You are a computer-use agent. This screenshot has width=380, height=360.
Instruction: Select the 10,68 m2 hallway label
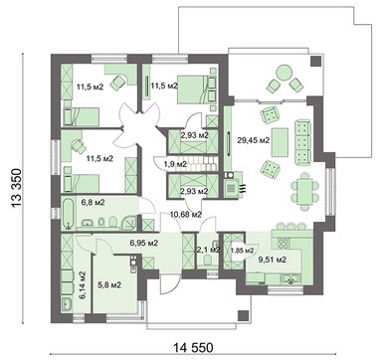coord(187,212)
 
